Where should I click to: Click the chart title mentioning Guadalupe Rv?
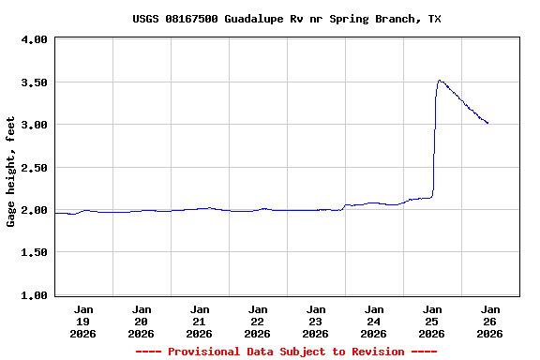pos(287,19)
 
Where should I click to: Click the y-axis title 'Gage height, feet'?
pos(12,172)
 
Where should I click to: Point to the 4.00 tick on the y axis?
pos(34,40)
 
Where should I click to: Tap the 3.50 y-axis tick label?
pos(34,82)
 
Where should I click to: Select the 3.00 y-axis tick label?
pos(34,125)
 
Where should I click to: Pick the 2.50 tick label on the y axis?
pos(34,168)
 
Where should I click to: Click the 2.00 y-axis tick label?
pos(34,210)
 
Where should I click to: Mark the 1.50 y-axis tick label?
pos(34,253)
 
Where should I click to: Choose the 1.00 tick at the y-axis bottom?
pos(34,295)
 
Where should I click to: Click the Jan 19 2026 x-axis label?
pos(83,321)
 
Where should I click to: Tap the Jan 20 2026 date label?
pos(142,321)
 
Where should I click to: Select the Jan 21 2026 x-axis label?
pos(200,321)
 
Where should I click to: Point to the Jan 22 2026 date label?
pos(258,321)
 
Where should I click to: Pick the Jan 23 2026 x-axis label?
pos(316,321)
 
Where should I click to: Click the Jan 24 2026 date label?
pos(374,321)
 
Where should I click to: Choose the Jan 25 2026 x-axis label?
pos(432,321)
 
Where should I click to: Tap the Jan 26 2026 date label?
pos(489,321)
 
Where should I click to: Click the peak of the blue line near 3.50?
pos(439,81)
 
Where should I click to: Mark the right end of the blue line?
pos(487,123)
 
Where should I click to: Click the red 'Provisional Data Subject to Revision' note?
pos(287,352)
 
